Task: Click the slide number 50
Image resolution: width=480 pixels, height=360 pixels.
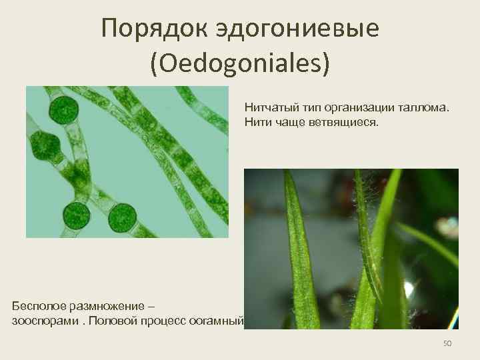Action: (x=447, y=343)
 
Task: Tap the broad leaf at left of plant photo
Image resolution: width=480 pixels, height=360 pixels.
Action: (x=298, y=253)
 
